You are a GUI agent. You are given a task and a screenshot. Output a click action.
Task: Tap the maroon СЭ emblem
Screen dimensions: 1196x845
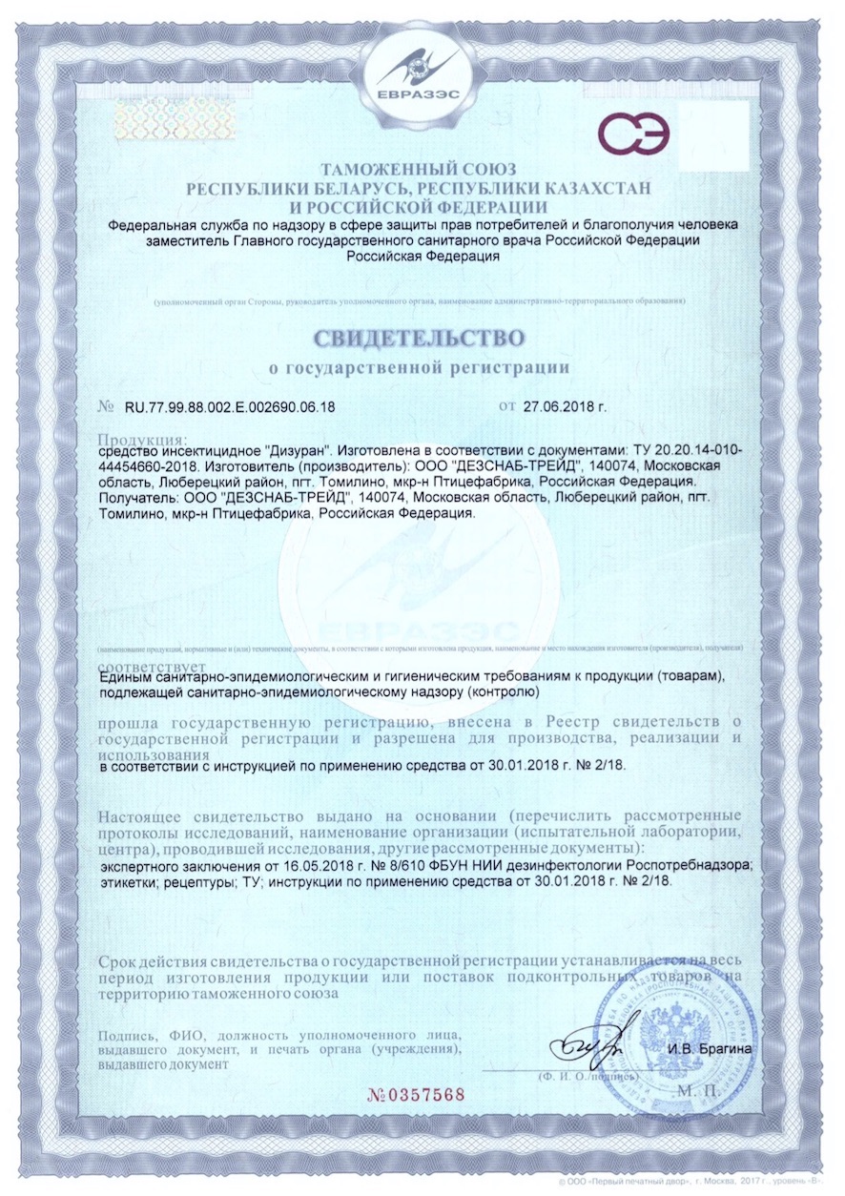pos(633,134)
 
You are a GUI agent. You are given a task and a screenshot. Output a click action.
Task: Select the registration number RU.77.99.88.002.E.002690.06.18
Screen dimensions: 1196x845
pos(230,407)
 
